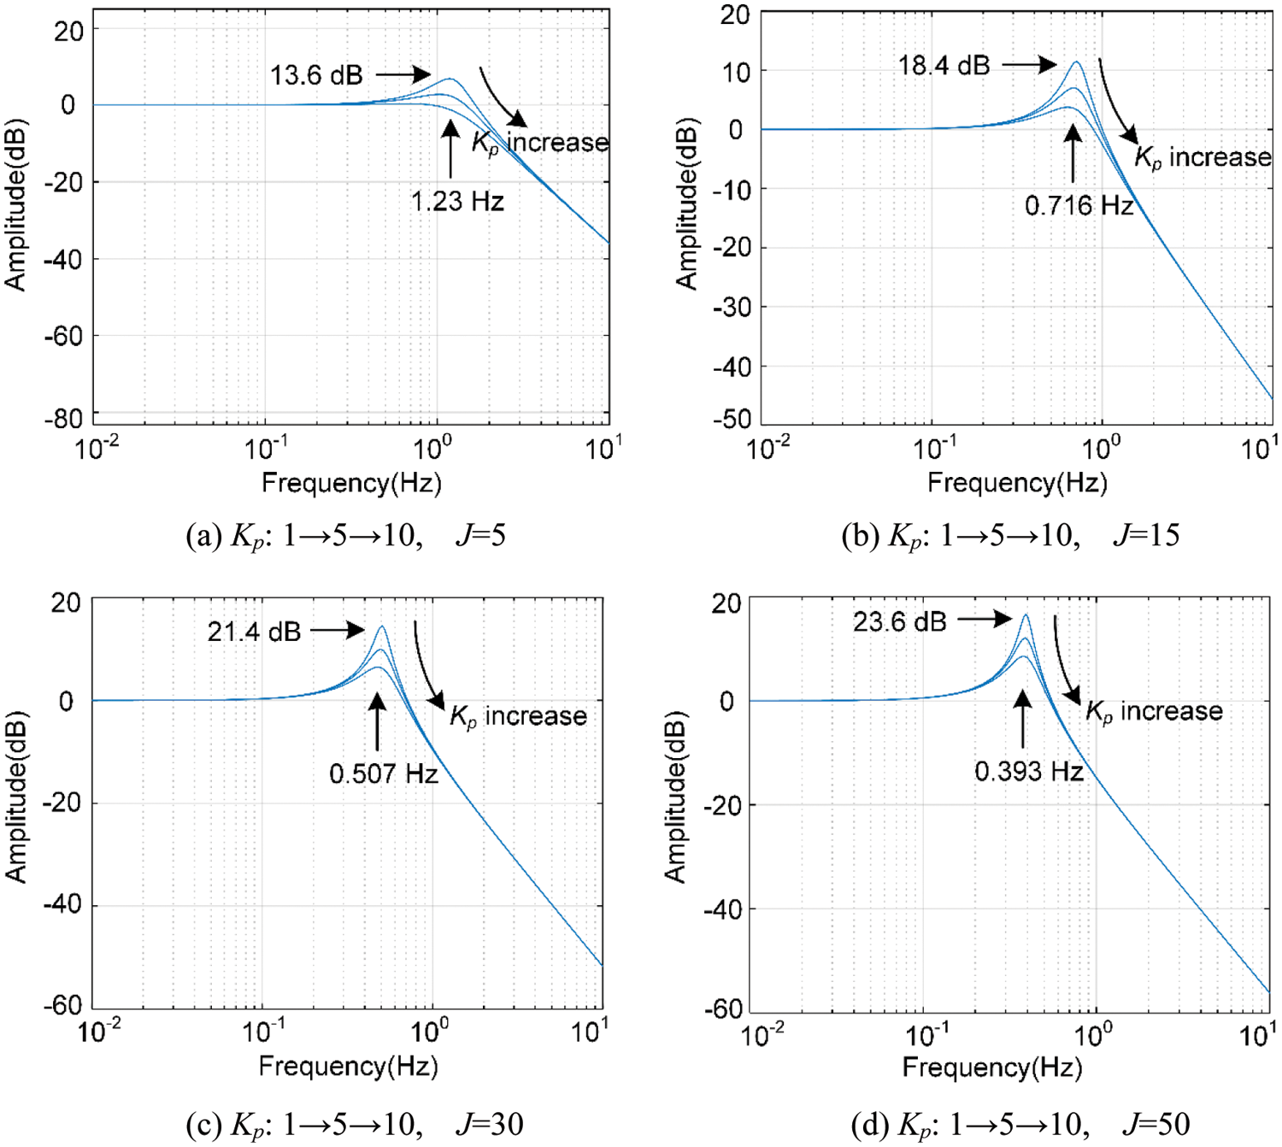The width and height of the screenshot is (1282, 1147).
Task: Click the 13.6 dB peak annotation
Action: pos(316,75)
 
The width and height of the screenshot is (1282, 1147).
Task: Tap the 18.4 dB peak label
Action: pos(944,65)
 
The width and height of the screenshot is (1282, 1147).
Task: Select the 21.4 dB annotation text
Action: pos(254,632)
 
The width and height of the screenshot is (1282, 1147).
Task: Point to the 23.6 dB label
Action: pos(899,621)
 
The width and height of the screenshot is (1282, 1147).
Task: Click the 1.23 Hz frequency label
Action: pos(457,202)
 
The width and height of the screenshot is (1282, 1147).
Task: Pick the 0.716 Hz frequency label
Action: pos(1079,206)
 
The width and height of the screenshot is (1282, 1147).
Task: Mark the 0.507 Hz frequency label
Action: pos(384,774)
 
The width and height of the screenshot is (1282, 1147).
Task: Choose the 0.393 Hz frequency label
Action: pos(1029,772)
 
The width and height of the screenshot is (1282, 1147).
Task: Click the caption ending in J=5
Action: pos(346,536)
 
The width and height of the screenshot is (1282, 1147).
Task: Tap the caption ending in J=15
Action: pos(1010,536)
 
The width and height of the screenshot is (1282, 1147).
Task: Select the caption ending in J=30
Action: pos(354,1124)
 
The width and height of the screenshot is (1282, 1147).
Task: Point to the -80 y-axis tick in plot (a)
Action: pos(64,419)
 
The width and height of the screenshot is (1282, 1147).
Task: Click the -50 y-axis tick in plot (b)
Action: pos(732,419)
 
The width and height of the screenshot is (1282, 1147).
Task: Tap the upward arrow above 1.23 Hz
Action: pos(450,149)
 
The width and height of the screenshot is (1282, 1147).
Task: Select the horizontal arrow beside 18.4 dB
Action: pos(1030,64)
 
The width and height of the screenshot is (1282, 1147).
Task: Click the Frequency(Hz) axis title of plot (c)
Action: pos(348,1067)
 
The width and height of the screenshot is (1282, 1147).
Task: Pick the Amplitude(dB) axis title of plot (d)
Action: pos(675,797)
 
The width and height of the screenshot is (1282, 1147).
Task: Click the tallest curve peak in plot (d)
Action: pos(1025,615)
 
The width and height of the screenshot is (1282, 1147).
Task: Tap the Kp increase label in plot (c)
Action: pos(518,716)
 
